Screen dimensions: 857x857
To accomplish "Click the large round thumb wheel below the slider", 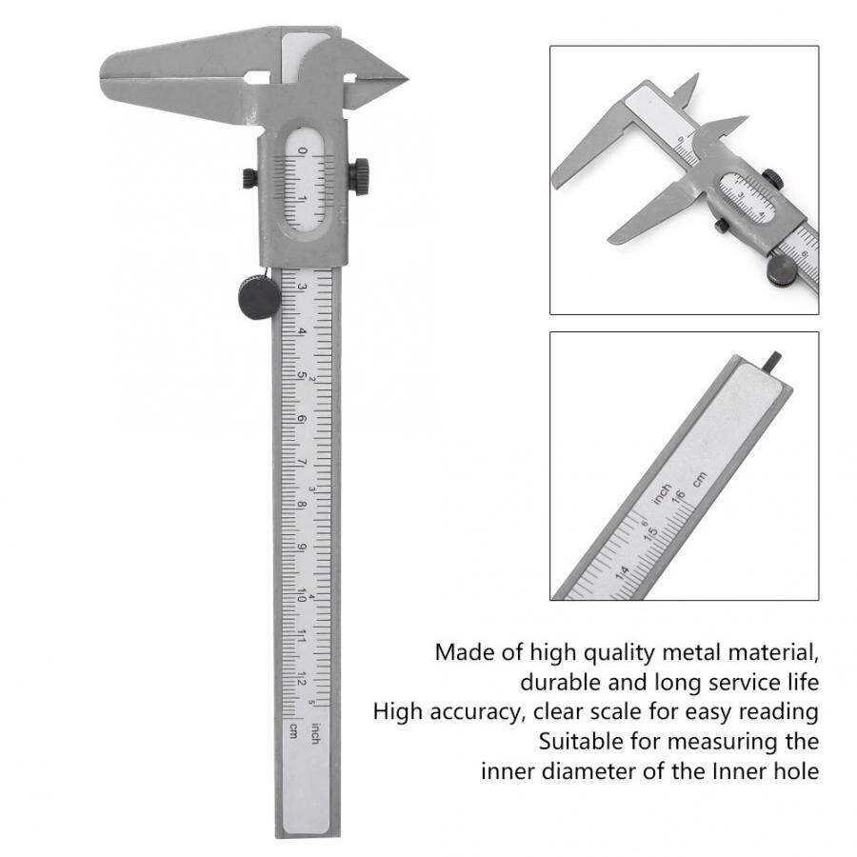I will [259, 297].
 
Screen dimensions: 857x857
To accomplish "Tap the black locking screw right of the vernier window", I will [359, 176].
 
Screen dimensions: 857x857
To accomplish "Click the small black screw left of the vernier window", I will [249, 177].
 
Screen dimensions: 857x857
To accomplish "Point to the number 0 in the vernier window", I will [303, 151].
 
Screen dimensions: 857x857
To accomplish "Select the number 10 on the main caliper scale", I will [301, 593].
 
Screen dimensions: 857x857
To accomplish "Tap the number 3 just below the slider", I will [302, 287].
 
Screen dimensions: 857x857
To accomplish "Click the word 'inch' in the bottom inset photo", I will [660, 494].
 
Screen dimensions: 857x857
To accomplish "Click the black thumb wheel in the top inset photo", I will [782, 269].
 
